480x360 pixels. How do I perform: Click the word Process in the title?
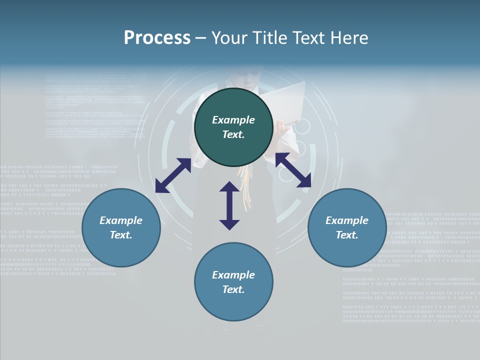click(157, 37)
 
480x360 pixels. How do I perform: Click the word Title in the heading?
click(270, 37)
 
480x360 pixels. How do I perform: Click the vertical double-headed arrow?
click(229, 205)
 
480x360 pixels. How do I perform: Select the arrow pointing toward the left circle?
click(173, 175)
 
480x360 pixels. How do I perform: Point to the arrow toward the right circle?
click(293, 170)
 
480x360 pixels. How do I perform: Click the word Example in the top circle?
click(233, 120)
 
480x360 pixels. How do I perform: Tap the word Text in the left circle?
click(121, 235)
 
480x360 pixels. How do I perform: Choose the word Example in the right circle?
click(347, 220)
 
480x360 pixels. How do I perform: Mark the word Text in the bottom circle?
click(233, 289)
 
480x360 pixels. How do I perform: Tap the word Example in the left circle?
click(121, 220)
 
